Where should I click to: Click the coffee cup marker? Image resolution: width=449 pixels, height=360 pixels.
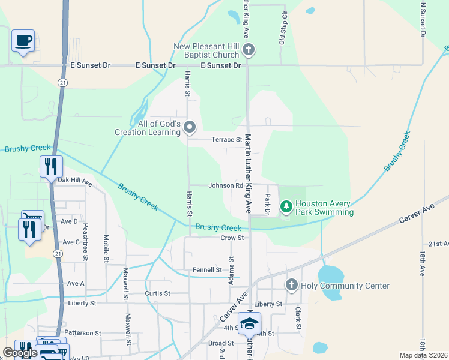[x=23, y=41]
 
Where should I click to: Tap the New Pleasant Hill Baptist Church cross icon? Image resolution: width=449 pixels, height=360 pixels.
[x=249, y=50]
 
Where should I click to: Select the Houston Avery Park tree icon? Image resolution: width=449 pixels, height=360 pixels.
[x=286, y=208]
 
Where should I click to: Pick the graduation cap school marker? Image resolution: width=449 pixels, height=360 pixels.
[x=249, y=323]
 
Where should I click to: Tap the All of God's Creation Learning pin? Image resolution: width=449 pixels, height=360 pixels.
[x=190, y=127]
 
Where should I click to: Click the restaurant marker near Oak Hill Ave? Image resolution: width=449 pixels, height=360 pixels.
[x=51, y=166]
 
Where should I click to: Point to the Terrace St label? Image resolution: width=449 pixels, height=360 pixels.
[x=226, y=139]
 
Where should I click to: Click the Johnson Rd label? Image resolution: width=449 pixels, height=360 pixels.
[x=226, y=185]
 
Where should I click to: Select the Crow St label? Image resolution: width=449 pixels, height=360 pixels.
[x=232, y=238]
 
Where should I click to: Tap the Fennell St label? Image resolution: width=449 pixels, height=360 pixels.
[x=208, y=270]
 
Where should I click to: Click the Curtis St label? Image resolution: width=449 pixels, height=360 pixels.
[x=158, y=293]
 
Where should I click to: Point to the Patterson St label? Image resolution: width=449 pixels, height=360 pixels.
[x=83, y=332]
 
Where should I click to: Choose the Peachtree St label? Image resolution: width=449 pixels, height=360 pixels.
[x=86, y=238]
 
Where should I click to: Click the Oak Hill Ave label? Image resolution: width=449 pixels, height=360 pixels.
[x=74, y=180]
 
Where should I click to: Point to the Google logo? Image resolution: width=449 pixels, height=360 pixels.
[x=20, y=353]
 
